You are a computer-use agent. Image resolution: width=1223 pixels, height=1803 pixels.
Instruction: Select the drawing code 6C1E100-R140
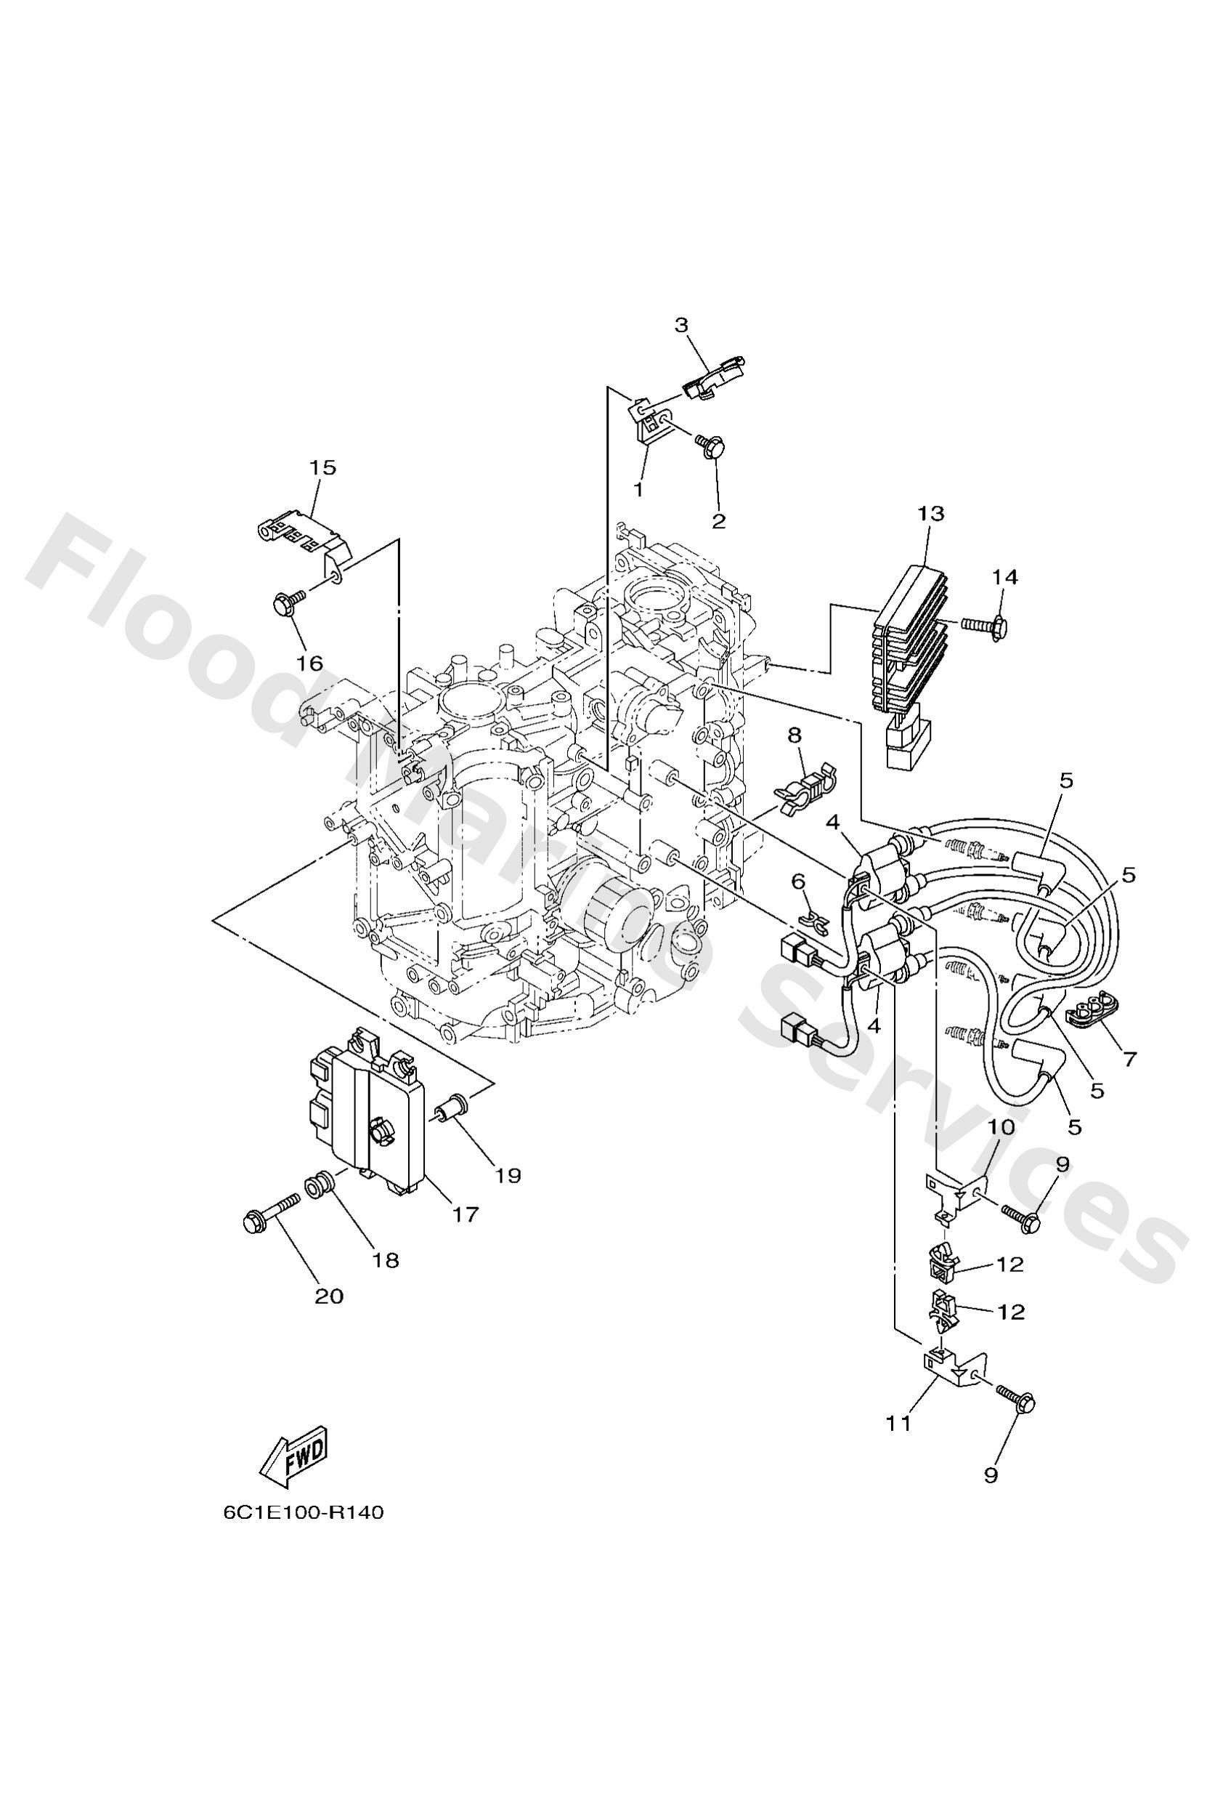304,1534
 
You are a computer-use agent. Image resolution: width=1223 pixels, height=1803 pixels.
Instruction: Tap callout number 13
930,514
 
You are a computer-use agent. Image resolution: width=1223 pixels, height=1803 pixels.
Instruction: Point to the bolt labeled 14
985,622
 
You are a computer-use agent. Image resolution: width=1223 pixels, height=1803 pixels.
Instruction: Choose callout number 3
681,324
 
